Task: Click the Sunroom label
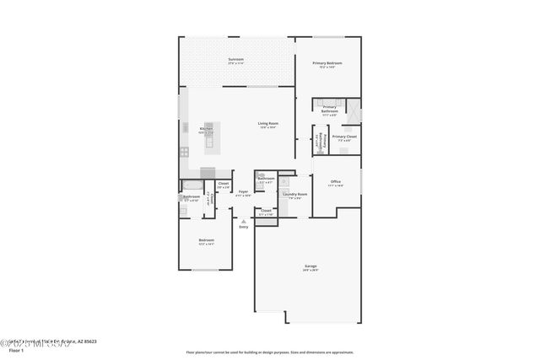(235, 59)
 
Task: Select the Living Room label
(268, 124)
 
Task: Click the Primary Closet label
(344, 137)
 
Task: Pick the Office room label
(336, 181)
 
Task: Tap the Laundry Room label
(295, 194)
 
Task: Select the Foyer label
(243, 192)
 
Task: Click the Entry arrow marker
(244, 221)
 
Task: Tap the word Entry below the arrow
(244, 227)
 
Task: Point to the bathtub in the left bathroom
(192, 184)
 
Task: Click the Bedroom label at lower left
(206, 240)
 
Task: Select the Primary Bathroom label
(329, 109)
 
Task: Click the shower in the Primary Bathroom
(354, 111)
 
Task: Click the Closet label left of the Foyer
(224, 184)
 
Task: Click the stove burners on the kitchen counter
(184, 152)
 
